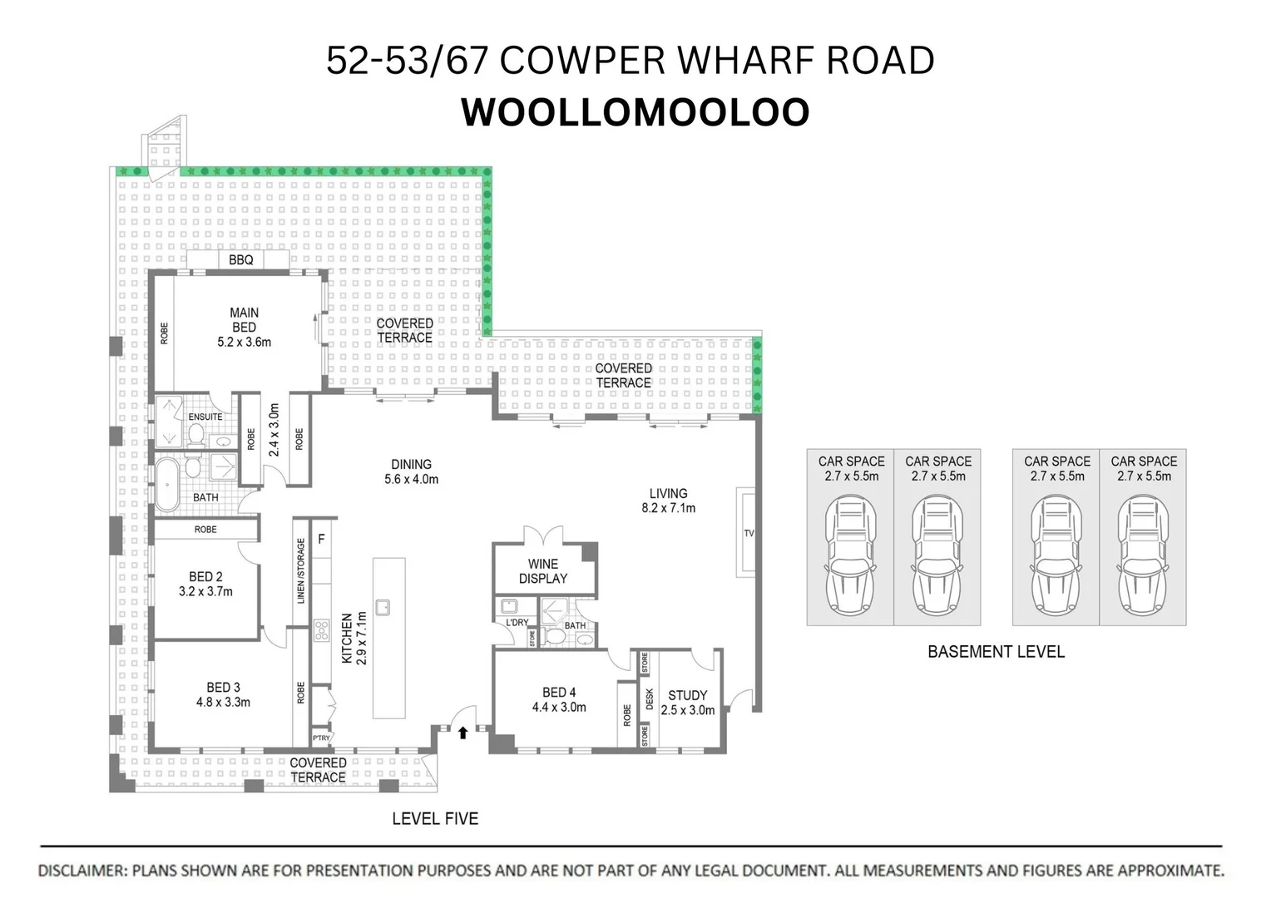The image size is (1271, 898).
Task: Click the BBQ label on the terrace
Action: [240, 260]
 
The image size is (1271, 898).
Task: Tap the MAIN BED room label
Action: [244, 320]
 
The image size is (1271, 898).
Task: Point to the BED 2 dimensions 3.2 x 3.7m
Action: [205, 592]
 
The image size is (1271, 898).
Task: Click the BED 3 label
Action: [223, 688]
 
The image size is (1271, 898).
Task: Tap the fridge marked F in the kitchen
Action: [321, 540]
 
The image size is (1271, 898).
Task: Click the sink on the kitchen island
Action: [383, 607]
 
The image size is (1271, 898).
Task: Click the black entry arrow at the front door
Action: [462, 733]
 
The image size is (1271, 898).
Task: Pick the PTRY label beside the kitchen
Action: [321, 738]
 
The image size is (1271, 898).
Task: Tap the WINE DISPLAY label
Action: [542, 571]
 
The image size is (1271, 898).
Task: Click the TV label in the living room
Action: [749, 533]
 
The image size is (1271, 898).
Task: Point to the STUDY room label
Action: [687, 695]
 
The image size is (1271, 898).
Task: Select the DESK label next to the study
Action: [649, 699]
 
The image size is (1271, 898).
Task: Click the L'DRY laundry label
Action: [517, 622]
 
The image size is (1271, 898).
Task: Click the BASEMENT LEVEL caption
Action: [996, 652]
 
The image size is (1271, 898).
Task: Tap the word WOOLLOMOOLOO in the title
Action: [635, 113]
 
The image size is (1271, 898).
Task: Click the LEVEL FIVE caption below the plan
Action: [435, 819]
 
